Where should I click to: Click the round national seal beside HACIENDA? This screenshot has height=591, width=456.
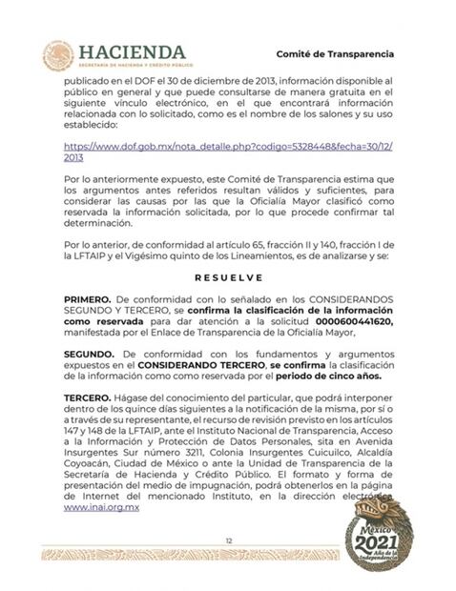(x=58, y=55)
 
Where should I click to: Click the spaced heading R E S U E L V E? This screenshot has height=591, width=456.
(x=228, y=280)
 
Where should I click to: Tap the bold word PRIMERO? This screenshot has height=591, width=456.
(x=87, y=300)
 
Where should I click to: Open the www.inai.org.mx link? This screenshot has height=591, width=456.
(x=102, y=509)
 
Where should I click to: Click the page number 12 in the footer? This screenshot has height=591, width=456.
(x=228, y=540)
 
